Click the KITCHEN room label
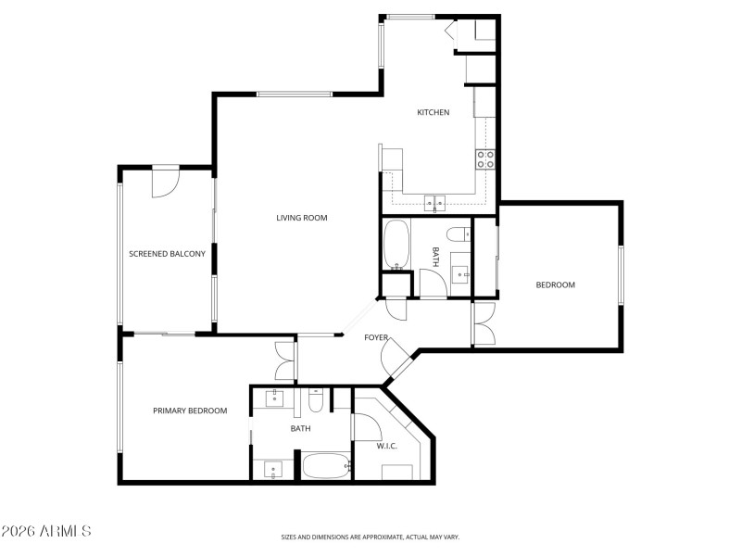[x=433, y=112]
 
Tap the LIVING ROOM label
[x=302, y=218]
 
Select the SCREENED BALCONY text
[x=167, y=253]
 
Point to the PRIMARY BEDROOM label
[x=190, y=411]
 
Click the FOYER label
[x=375, y=337]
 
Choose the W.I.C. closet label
[x=386, y=446]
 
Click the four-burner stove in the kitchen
[x=485, y=158]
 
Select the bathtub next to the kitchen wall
[x=396, y=243]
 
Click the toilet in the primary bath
[x=315, y=399]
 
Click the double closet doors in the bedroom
[x=483, y=323]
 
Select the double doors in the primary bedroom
[x=285, y=361]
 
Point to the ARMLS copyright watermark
[x=46, y=531]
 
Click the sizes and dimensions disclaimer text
[x=370, y=537]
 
